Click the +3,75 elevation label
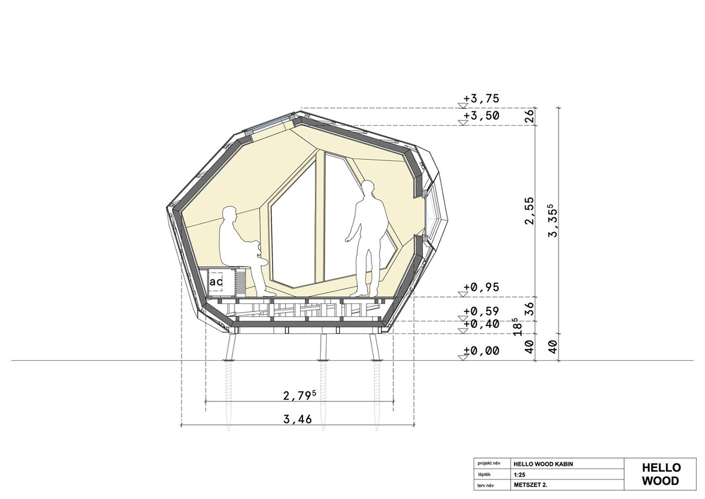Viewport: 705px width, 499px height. [482, 99]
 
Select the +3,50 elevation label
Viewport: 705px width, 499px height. [482, 116]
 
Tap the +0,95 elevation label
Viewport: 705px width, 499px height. [482, 287]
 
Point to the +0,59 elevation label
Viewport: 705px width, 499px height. [482, 311]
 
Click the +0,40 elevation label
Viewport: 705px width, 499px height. [482, 324]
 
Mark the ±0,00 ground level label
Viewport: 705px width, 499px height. [482, 351]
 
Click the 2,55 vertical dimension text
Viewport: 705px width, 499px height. [530, 211]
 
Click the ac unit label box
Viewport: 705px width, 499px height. [216, 282]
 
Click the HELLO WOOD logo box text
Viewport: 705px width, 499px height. [661, 474]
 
